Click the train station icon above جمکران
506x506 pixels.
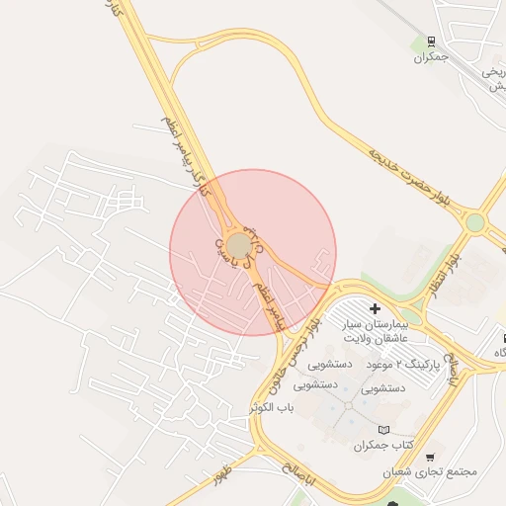(431, 42)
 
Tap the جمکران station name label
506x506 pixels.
(432, 57)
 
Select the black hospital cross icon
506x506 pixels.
(375, 308)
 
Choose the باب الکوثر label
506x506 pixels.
(276, 407)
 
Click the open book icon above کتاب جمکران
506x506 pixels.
(384, 430)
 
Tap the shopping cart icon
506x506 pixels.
(430, 457)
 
